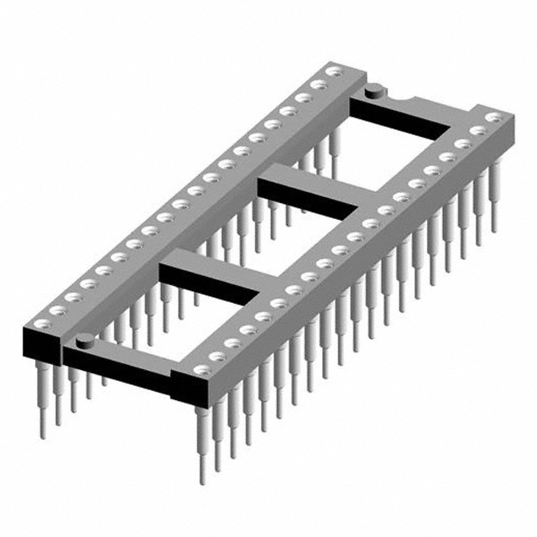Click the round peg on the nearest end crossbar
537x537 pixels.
pyautogui.click(x=84, y=339)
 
